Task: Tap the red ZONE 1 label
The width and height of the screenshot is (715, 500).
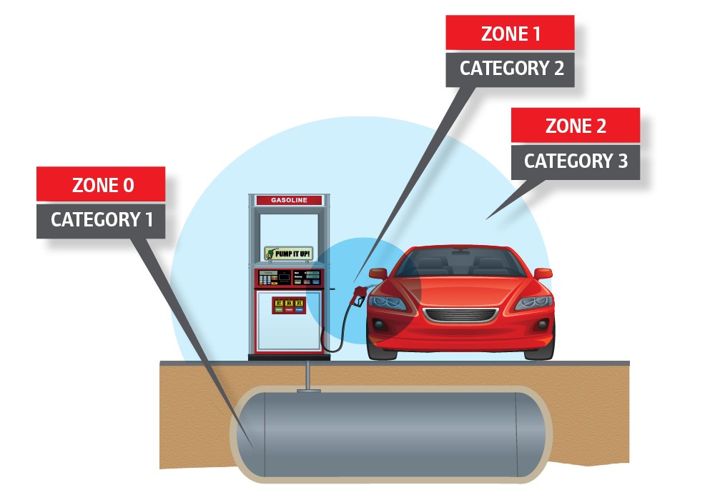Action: coord(510,34)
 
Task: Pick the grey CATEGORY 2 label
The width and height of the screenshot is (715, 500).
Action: coord(510,69)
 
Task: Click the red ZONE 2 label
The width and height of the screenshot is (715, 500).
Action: coord(575,126)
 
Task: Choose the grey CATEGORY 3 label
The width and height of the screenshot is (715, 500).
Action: coord(575,161)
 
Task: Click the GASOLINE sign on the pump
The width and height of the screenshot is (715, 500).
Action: coord(289,200)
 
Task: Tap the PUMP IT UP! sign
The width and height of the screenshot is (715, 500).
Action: coord(289,253)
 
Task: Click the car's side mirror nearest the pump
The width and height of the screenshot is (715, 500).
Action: coord(378,273)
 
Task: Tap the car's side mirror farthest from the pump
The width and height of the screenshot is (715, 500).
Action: coord(543,273)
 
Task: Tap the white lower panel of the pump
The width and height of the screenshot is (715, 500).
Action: coord(289,325)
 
